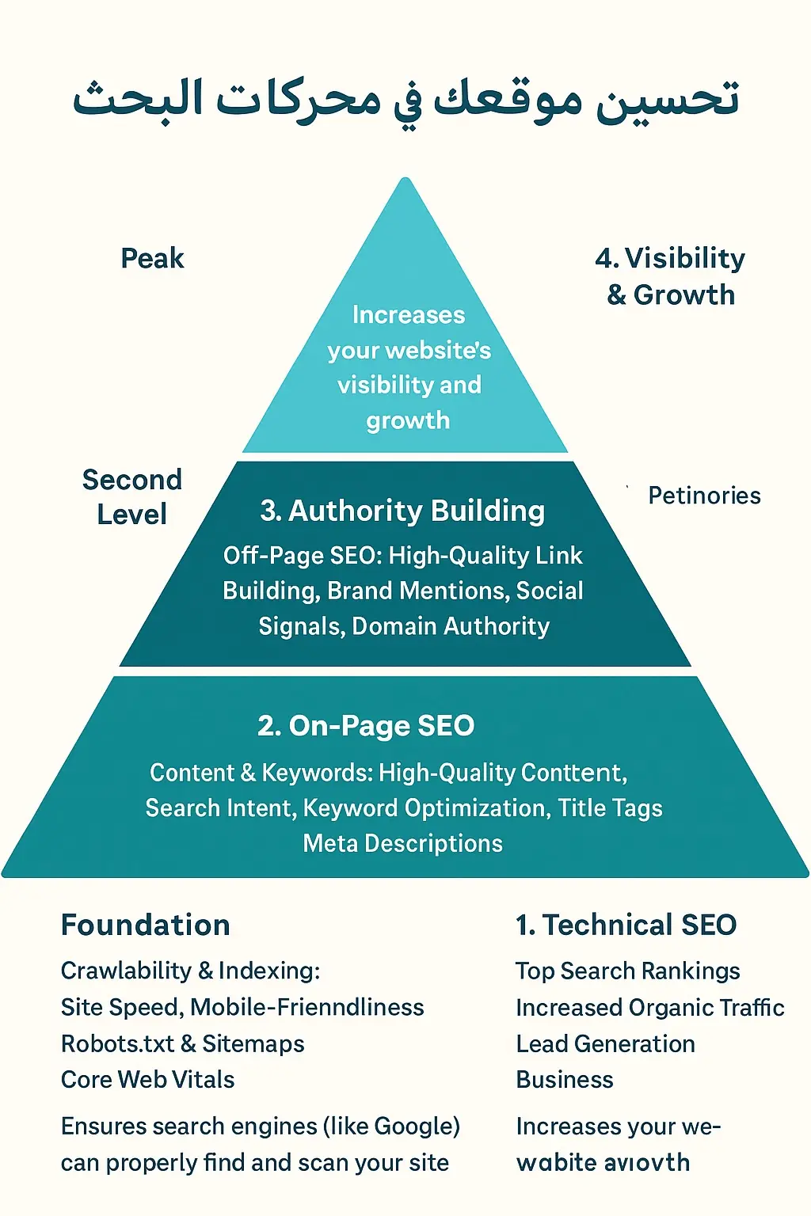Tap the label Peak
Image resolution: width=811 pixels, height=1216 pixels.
coord(152,259)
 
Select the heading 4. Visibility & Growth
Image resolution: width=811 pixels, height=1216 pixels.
coord(670,276)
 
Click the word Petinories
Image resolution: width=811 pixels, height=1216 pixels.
coord(704,496)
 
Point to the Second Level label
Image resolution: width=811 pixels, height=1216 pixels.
coord(131,497)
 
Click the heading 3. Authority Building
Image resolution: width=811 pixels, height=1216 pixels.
coord(402,511)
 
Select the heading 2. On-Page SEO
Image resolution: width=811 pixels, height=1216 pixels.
coord(366,726)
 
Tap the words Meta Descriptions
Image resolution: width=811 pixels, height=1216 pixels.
coord(402,843)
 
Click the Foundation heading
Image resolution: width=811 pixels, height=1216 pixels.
coord(146,925)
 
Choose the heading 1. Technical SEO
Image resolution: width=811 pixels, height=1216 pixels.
coord(626,925)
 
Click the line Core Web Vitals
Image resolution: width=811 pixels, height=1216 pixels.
coord(148,1080)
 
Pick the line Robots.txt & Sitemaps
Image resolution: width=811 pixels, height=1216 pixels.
coord(183,1044)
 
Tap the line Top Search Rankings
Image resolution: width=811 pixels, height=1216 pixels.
coord(627,971)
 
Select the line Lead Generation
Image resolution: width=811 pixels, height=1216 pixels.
coord(605,1044)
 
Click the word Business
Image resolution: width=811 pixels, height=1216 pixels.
coord(565,1080)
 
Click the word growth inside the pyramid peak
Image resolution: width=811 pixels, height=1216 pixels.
coord(408,420)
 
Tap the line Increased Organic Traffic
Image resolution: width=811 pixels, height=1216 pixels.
coord(649,1008)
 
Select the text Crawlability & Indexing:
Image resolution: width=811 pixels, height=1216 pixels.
coord(190,971)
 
